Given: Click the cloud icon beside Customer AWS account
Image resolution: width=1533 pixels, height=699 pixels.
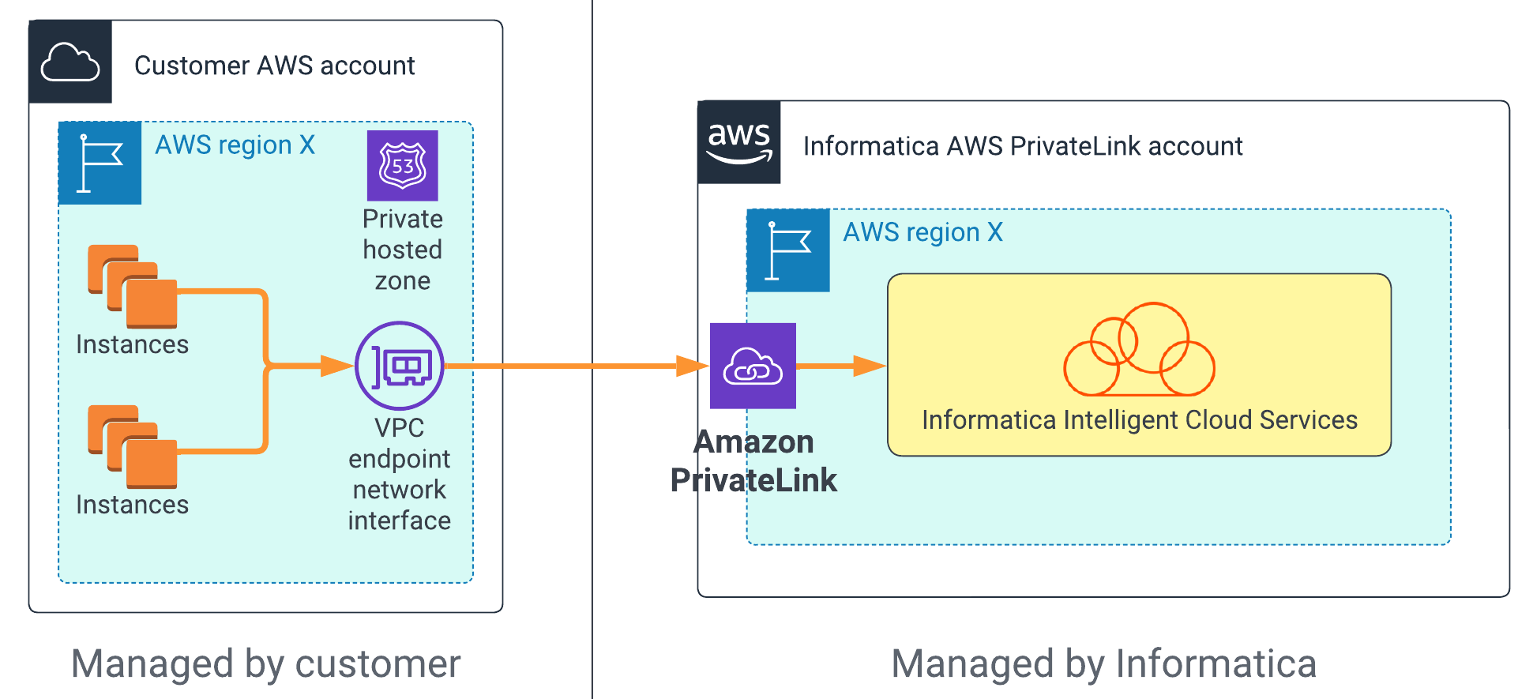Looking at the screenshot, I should click(70, 62).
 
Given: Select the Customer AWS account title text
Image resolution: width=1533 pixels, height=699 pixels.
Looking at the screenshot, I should click(274, 66).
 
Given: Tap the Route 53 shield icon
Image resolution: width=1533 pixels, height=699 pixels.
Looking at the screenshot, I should click(402, 165).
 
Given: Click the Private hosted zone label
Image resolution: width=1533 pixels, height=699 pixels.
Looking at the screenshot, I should click(402, 250).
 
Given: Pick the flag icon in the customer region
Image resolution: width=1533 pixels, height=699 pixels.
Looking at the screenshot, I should click(100, 163).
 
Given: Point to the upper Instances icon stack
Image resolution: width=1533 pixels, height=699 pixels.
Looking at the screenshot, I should click(132, 286).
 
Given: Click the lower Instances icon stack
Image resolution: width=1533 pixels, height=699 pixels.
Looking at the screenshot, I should click(132, 446).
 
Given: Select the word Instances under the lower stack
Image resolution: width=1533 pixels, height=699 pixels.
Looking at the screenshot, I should click(132, 505).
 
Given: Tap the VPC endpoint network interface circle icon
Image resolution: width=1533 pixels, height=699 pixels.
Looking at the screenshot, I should click(400, 366).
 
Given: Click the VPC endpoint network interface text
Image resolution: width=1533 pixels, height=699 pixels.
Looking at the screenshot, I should click(400, 474).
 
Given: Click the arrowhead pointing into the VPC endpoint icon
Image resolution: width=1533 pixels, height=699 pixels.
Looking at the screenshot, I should click(336, 366).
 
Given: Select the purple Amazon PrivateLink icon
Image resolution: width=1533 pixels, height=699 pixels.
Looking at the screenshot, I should click(753, 366).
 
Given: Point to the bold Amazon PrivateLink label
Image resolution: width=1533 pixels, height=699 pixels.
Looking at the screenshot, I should click(753, 461).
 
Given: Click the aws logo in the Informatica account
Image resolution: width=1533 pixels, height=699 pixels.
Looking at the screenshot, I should click(738, 142).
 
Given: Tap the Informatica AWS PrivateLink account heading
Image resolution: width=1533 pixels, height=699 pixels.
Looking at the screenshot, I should click(1023, 146).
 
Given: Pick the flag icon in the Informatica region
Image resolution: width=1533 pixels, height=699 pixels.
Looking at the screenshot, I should click(788, 250).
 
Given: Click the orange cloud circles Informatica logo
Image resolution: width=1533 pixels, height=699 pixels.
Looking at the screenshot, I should click(1139, 351).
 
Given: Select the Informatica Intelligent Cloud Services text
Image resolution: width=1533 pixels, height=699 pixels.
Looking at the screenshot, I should click(1139, 420).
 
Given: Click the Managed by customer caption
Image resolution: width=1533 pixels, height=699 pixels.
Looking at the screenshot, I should click(265, 663).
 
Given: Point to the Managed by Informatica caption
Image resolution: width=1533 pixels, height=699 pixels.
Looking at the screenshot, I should click(1103, 663).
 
